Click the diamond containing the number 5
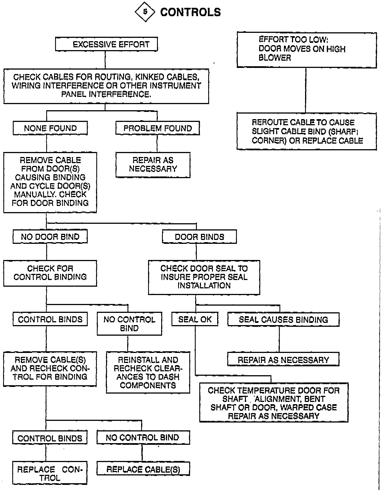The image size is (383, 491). (x=144, y=12)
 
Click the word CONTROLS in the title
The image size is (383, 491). (x=190, y=12)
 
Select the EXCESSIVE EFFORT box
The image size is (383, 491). (x=106, y=44)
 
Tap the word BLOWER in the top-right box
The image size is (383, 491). (x=275, y=58)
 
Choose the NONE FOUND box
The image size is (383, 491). (x=50, y=128)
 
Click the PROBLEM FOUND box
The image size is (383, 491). (x=158, y=128)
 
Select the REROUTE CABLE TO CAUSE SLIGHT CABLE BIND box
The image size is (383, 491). (x=306, y=131)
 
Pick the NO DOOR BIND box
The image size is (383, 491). (x=50, y=237)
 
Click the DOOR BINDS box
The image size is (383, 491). (x=199, y=237)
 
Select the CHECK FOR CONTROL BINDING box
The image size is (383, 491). (x=50, y=273)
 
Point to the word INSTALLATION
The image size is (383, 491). (x=204, y=286)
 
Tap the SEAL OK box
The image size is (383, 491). (x=195, y=319)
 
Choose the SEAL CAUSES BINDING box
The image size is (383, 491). (x=283, y=319)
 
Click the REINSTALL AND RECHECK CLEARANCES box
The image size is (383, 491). (x=148, y=372)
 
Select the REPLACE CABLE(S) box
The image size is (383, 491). (x=143, y=470)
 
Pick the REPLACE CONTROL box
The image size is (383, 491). (x=50, y=473)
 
